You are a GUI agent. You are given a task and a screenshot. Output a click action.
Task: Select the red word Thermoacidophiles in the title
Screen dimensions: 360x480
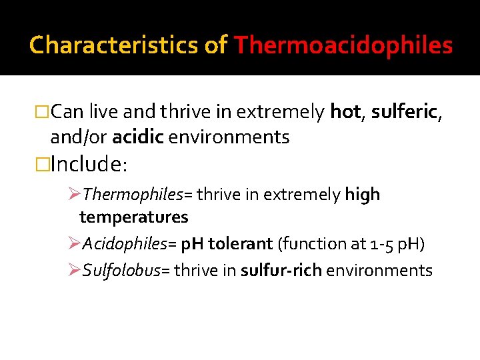343,45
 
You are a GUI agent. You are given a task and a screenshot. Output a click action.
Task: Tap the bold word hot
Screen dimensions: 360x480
345,112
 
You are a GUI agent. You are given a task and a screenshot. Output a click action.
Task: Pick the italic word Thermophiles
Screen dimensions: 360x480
133,195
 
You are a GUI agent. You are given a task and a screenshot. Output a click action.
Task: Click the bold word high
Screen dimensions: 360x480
363,195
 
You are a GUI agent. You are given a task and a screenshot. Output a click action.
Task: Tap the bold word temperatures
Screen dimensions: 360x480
133,217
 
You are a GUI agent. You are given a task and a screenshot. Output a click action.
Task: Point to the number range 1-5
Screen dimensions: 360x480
381,243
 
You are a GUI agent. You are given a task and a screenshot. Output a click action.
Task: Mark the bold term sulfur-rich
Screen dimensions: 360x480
281,270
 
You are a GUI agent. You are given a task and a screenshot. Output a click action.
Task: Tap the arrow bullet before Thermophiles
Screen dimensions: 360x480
74,195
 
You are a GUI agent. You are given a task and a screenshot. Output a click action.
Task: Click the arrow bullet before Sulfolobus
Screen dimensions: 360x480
74,270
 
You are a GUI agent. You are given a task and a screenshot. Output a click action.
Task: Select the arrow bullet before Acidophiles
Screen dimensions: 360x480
74,243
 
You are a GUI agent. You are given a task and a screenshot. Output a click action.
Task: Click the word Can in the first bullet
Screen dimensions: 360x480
67,112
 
